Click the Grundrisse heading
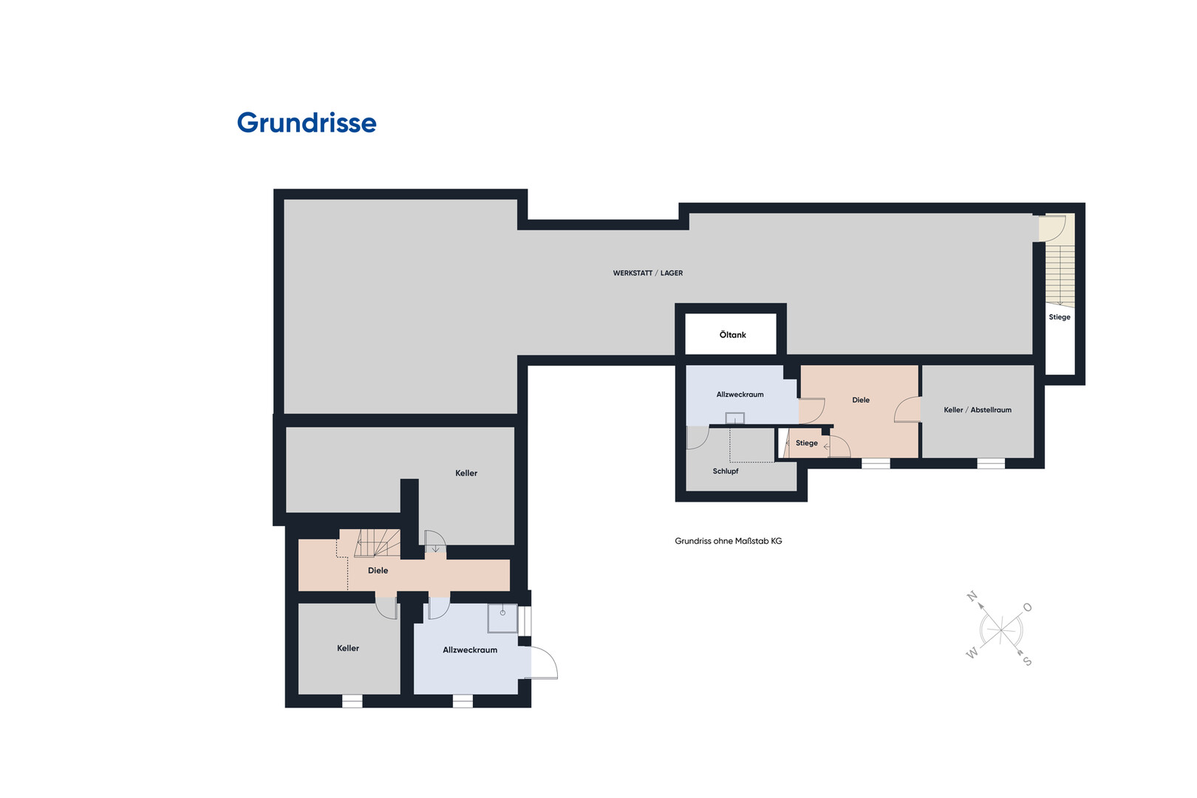click(x=307, y=123)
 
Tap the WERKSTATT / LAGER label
click(x=648, y=273)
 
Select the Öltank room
click(x=731, y=334)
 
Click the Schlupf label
click(x=725, y=471)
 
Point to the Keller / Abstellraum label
click(x=978, y=410)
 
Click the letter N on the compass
click(x=972, y=596)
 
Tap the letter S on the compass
click(x=1027, y=661)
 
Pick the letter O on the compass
click(x=1027, y=607)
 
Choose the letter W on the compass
click(x=972, y=652)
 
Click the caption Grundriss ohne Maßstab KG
click(x=729, y=541)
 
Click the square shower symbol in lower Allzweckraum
click(x=502, y=618)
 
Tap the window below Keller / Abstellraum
click(x=991, y=463)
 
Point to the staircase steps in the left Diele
click(x=378, y=543)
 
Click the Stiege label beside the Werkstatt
click(x=1059, y=317)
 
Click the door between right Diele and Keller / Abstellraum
click(x=907, y=410)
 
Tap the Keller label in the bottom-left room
click(x=348, y=648)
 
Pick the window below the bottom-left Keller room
click(x=352, y=701)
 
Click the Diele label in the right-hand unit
click(x=861, y=400)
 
